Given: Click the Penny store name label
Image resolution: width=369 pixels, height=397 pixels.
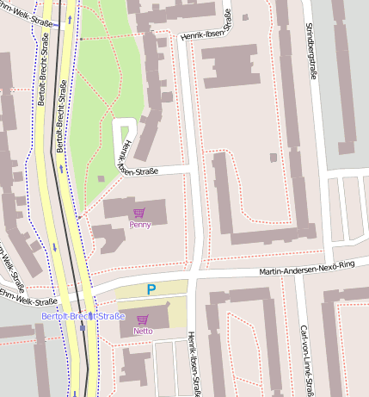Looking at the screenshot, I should [139, 225].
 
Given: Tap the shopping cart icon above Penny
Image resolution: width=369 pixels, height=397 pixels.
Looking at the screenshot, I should [139, 213].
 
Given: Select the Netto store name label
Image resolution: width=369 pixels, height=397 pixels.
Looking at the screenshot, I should [143, 331].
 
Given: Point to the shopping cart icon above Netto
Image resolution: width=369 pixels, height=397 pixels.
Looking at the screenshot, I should [143, 319].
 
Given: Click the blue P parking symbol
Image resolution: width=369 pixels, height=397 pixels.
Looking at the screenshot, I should [151, 290].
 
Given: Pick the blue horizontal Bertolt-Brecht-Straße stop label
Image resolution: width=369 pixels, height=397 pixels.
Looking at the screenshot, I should [83, 317].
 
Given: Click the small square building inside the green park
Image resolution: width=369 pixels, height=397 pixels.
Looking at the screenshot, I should [101, 178].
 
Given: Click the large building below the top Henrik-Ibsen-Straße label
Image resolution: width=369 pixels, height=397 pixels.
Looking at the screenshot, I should [230, 66].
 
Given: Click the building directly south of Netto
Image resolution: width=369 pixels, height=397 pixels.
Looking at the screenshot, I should [136, 363].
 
